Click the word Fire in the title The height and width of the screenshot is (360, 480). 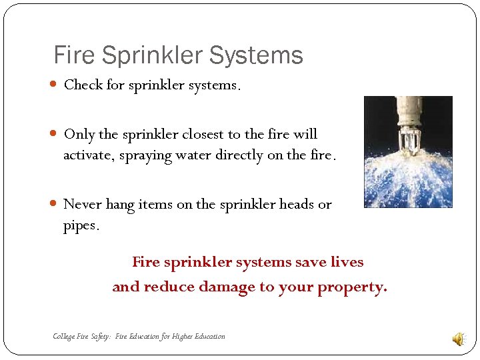[71, 55]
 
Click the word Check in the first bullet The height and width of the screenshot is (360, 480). [83, 85]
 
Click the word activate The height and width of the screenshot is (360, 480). [87, 156]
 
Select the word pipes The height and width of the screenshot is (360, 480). [81, 226]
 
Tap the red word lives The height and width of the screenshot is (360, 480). [347, 262]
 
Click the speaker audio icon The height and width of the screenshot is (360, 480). [459, 339]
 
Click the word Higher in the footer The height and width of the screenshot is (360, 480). [182, 337]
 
